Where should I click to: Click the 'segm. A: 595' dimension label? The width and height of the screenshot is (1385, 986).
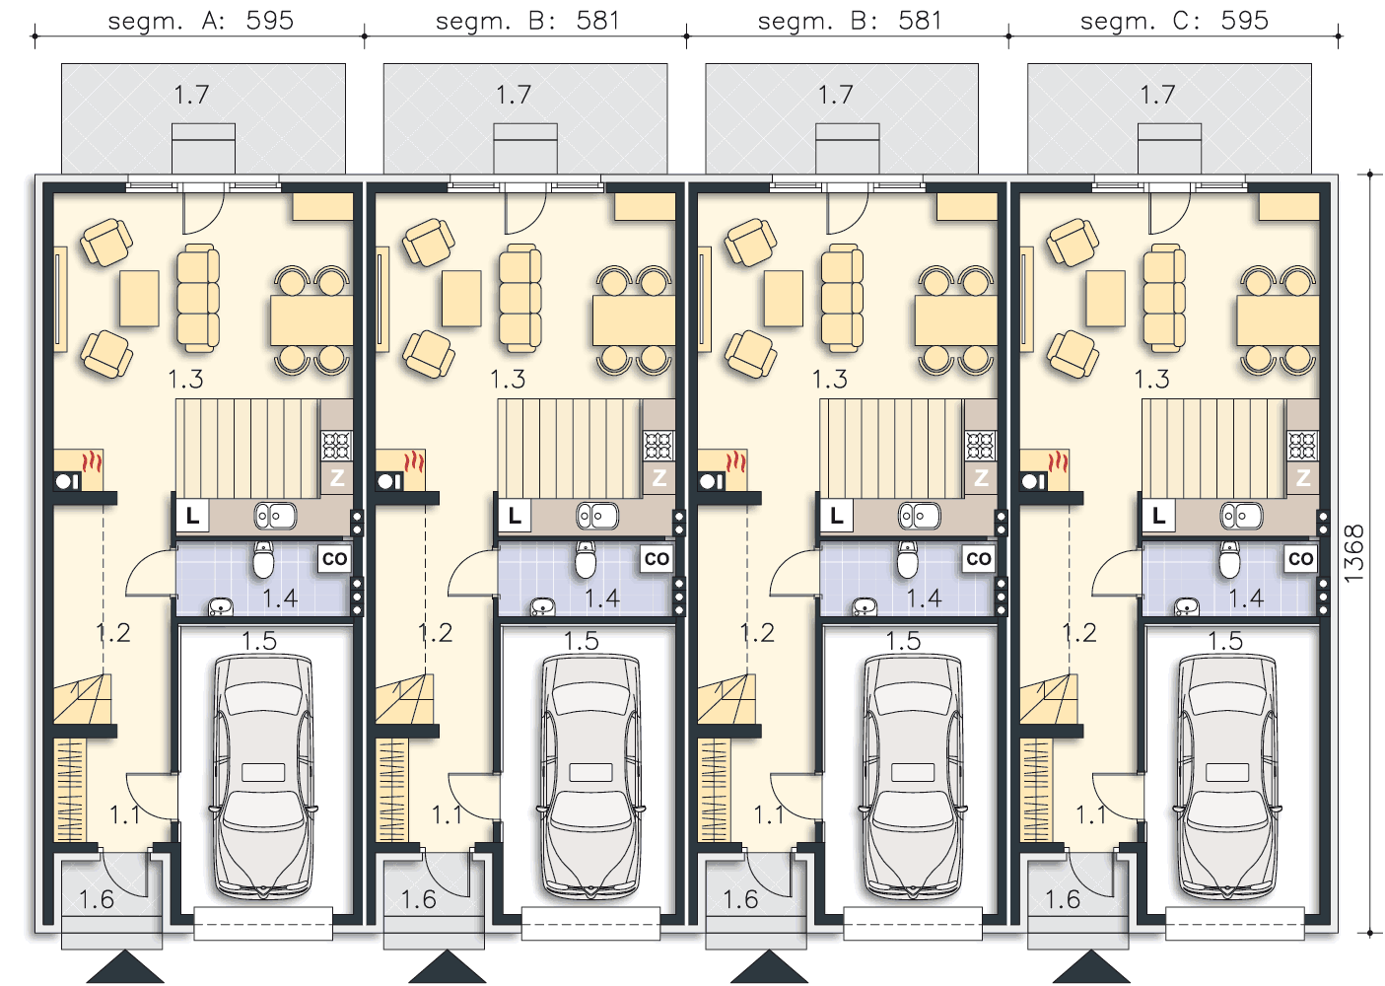point(200,21)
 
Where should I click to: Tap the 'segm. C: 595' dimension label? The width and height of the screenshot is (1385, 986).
point(1174,21)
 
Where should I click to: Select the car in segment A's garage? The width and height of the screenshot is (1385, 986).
point(263,777)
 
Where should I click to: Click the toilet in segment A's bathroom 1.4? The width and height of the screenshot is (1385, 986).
point(263,560)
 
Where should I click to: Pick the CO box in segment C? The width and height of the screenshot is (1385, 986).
point(1300,558)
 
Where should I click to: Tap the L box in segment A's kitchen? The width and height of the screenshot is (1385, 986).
point(192,516)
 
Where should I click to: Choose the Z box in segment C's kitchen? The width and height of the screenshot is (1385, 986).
point(1303,477)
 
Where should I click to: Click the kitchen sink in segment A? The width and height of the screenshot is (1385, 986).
point(275,516)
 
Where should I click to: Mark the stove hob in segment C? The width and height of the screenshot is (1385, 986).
point(1302,446)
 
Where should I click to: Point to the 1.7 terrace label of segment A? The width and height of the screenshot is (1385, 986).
point(191,95)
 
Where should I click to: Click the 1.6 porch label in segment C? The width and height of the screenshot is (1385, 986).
point(1063,899)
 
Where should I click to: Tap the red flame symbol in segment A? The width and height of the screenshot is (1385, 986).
point(92,462)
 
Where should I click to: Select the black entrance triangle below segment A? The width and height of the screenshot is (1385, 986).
point(125,967)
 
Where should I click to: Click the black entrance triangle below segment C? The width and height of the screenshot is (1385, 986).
point(1091,967)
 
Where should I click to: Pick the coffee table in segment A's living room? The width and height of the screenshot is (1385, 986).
point(139,298)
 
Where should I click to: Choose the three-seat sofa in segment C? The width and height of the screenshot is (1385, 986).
point(1164,298)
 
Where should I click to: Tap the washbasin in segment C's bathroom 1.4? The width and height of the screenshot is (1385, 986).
point(1187,607)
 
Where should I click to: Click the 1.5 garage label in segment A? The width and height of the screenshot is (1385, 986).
point(258,641)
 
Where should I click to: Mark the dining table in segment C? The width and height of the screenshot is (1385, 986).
point(1278,320)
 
